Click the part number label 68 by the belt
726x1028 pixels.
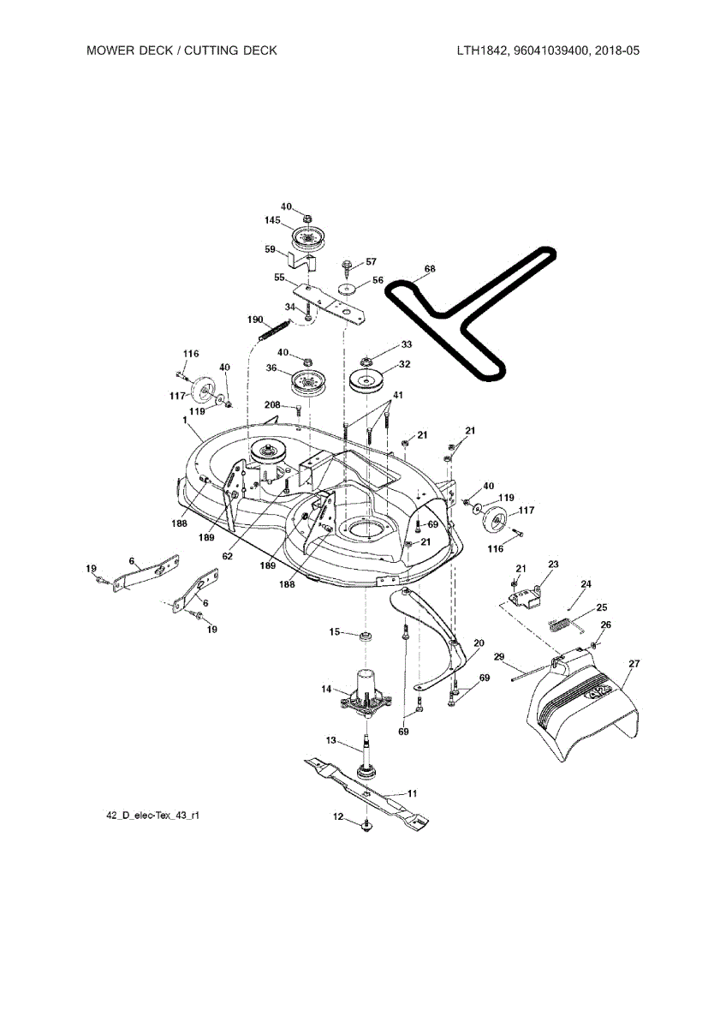pyautogui.click(x=430, y=269)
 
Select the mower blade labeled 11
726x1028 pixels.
pyautogui.click(x=366, y=793)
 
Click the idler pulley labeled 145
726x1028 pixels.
pyautogui.click(x=307, y=239)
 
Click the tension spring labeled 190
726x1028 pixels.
pyautogui.click(x=274, y=330)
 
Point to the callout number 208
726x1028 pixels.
pyautogui.click(x=272, y=404)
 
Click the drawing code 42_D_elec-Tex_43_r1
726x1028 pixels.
pyautogui.click(x=152, y=816)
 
